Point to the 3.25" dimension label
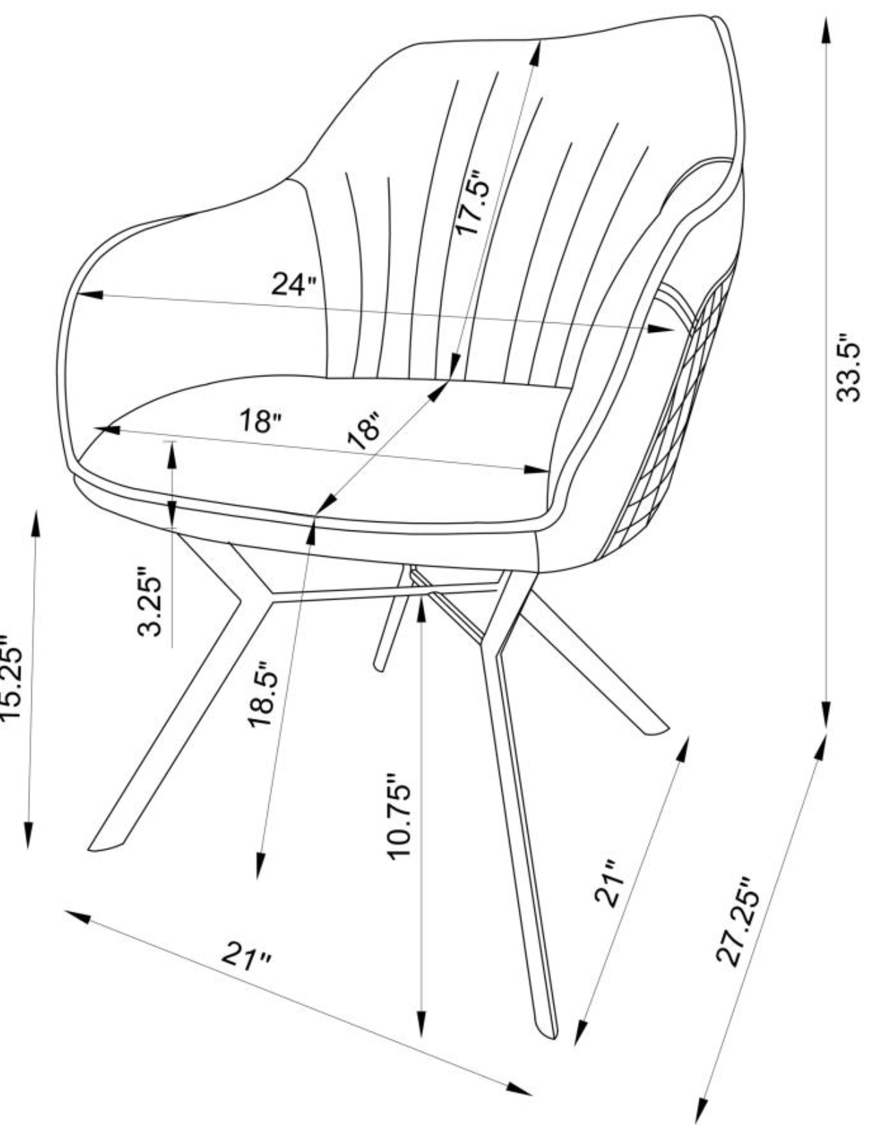coord(150,601)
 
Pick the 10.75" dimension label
coord(399,815)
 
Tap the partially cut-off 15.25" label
coord(12,678)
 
